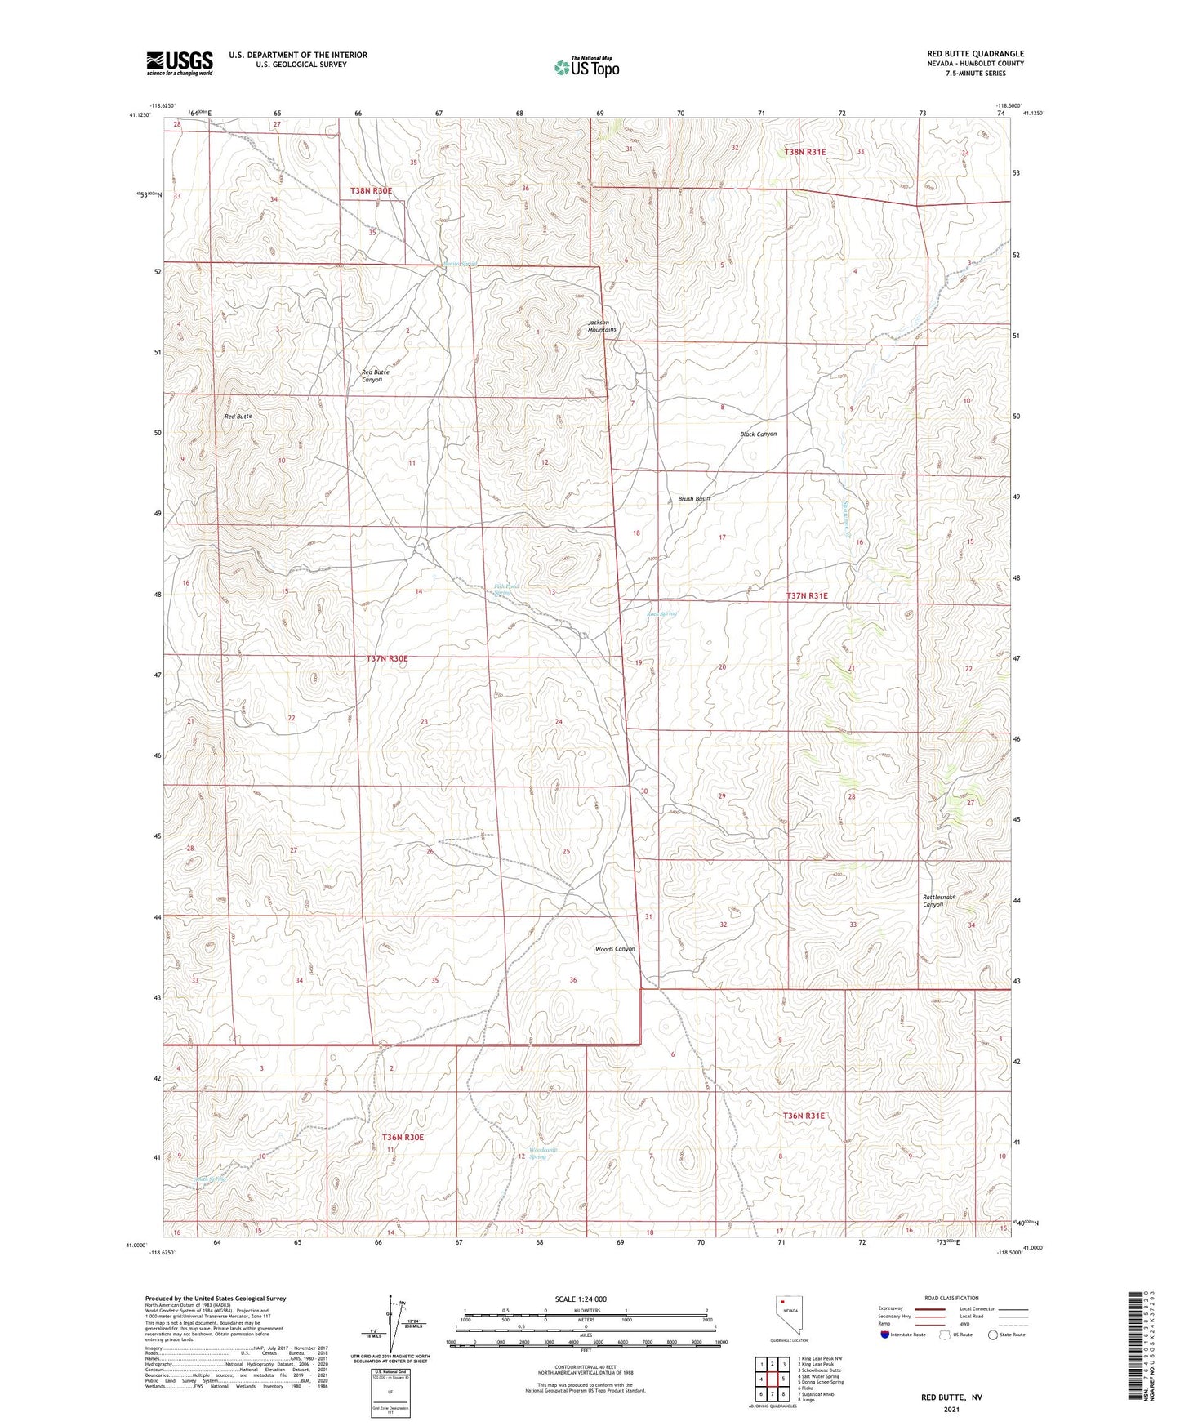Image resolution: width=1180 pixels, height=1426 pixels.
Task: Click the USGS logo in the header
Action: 179,63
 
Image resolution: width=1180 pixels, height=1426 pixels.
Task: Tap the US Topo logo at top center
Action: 586,66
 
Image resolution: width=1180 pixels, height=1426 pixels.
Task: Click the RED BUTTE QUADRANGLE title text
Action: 970,53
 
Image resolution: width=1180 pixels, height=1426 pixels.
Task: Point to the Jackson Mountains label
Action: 602,326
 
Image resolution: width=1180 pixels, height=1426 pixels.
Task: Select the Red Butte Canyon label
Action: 376,376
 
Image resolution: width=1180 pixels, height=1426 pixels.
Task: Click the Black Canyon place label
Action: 758,434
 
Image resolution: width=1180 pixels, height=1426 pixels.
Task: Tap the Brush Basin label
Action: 694,498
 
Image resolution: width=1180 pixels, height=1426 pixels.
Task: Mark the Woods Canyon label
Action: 614,949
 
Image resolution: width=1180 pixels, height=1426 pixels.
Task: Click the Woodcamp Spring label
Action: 538,1152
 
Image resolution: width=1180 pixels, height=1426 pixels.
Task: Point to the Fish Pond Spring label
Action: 506,589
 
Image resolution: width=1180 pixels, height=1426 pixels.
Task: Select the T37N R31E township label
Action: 807,596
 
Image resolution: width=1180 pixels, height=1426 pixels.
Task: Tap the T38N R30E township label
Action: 371,190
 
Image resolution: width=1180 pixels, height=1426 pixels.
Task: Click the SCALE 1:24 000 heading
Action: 581,1299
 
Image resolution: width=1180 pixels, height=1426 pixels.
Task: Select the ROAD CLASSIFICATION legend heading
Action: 951,1298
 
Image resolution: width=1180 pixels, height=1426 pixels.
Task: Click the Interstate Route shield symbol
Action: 885,1335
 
